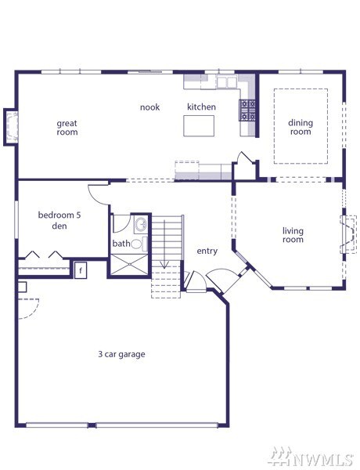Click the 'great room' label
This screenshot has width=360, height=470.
pos(67,128)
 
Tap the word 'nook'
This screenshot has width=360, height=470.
pos(149,107)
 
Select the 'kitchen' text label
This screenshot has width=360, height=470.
pos(201,107)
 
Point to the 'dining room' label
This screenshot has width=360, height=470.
pos(301,127)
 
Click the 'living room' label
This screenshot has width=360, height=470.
pos(293,235)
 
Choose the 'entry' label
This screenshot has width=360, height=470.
pos(207,251)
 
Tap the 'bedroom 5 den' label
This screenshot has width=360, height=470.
pos(59,220)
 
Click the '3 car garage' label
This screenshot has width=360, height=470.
pos(121,354)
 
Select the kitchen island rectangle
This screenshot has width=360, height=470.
pos(199,126)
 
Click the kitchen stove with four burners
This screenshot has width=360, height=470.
pos(247,110)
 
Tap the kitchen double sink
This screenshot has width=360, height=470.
pos(227,81)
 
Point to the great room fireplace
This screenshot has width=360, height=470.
pos(11,127)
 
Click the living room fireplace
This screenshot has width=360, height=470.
pos(348,233)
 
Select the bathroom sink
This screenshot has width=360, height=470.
pos(141,224)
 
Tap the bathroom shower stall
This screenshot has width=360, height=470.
pos(129,264)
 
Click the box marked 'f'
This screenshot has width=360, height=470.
pos(81,270)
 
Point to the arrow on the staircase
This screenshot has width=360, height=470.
pos(164,244)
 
